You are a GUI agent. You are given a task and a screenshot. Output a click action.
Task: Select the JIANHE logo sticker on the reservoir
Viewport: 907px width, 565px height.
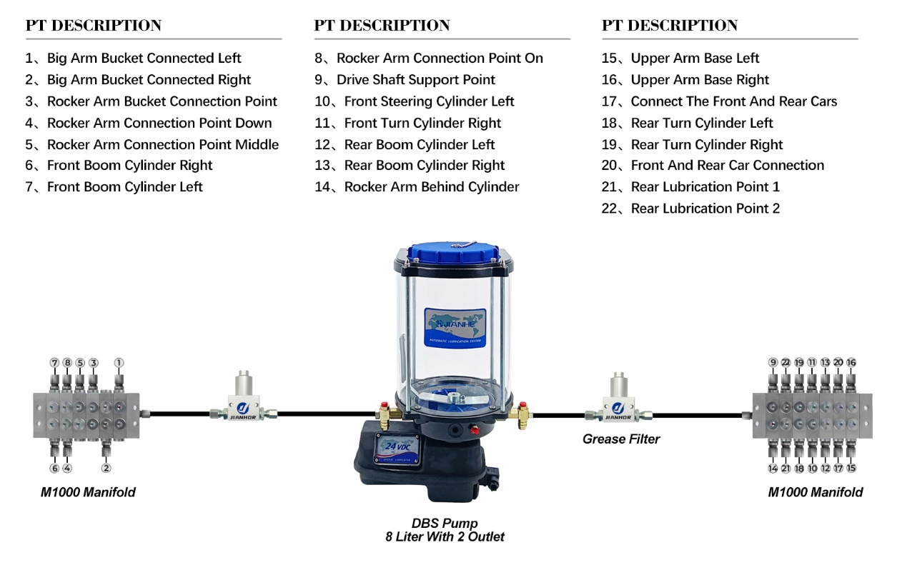pyautogui.click(x=455, y=328)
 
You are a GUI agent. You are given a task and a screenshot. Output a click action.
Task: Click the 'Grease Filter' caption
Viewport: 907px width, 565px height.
pyautogui.click(x=621, y=439)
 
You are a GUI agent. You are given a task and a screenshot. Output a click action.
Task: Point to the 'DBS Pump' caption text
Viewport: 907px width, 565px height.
pyautogui.click(x=444, y=524)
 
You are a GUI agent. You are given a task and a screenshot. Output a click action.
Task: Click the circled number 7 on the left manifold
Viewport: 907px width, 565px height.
pyautogui.click(x=54, y=363)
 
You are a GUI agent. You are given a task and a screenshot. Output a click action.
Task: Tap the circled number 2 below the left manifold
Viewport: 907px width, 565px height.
pyautogui.click(x=106, y=469)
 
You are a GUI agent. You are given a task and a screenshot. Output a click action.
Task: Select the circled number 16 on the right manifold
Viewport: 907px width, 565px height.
pyautogui.click(x=851, y=363)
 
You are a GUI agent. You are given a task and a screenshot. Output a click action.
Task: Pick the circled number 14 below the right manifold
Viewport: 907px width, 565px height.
pyautogui.click(x=773, y=469)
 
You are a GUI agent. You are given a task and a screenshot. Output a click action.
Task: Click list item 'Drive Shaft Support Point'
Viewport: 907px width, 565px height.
pyautogui.click(x=415, y=80)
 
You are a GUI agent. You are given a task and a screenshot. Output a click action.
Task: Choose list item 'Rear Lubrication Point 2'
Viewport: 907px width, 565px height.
pyautogui.click(x=705, y=209)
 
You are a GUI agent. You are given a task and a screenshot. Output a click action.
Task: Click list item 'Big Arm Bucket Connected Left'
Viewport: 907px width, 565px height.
pyautogui.click(x=144, y=59)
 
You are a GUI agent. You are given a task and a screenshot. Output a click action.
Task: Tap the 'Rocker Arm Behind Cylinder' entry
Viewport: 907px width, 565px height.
pyautogui.click(x=431, y=187)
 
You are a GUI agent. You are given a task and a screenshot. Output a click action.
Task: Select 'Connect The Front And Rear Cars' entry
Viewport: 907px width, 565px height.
pyautogui.click(x=733, y=101)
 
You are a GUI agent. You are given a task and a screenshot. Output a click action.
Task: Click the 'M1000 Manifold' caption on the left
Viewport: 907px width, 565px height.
pyautogui.click(x=88, y=492)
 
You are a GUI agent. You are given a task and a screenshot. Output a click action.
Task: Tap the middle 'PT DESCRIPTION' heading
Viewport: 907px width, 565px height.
pyautogui.click(x=382, y=26)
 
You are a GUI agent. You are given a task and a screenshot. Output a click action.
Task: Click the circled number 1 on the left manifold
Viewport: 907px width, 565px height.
pyautogui.click(x=119, y=363)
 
